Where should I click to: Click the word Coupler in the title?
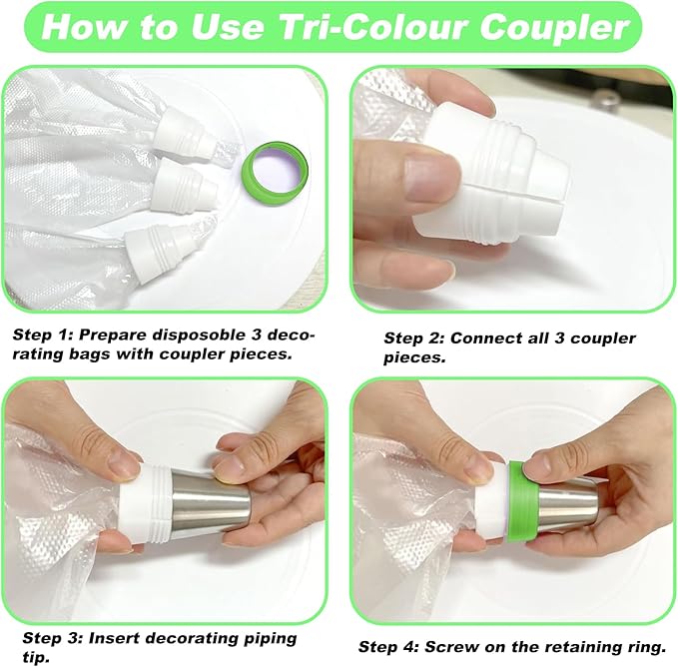(554, 27)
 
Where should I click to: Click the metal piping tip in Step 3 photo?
(211, 502)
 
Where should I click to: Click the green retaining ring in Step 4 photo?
(523, 501)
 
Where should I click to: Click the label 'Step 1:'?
(43, 334)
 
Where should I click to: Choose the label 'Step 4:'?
(388, 647)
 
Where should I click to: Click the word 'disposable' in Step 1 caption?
(200, 335)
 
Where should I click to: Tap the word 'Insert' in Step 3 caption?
(116, 638)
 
